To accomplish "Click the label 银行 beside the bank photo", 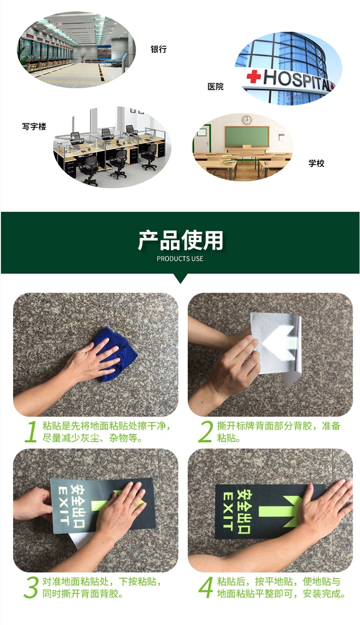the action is click(x=158, y=49).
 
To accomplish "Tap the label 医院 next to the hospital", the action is click(x=216, y=86).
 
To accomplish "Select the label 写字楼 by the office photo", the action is click(x=34, y=126).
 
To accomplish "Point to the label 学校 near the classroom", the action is click(x=316, y=163).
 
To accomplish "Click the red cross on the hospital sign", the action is click(x=253, y=76).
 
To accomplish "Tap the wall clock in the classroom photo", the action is click(x=247, y=120).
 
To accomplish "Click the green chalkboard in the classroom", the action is click(x=247, y=137).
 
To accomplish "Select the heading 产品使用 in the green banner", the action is click(x=180, y=240).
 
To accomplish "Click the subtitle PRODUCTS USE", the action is click(x=180, y=259).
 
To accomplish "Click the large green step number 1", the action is click(x=32, y=432).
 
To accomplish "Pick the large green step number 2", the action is click(x=205, y=432).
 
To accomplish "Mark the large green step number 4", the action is click(x=206, y=588).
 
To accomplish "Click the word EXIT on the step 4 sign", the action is click(x=228, y=511).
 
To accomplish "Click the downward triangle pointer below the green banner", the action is click(x=180, y=278).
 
